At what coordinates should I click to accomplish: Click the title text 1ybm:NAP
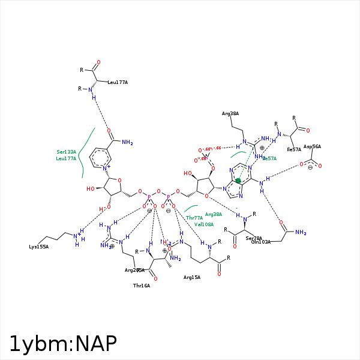(x=62, y=344)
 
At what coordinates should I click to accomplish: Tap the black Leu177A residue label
(x=118, y=82)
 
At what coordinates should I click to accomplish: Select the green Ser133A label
(x=66, y=152)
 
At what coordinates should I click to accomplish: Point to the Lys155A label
(x=38, y=247)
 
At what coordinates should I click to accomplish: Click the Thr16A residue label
(x=142, y=286)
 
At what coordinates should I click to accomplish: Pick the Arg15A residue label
(x=192, y=277)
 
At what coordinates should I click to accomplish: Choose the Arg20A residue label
(x=134, y=270)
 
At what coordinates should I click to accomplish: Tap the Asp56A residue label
(x=312, y=146)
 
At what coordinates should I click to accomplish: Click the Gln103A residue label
(x=260, y=241)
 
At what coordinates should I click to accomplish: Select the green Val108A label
(x=203, y=224)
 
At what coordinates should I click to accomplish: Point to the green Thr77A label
(x=194, y=218)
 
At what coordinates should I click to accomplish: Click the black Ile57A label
(x=294, y=149)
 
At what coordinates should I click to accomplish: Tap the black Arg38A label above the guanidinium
(x=230, y=113)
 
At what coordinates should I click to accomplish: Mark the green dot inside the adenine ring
(x=238, y=180)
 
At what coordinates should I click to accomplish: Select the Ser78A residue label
(x=254, y=238)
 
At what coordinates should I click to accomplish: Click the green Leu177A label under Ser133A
(x=66, y=158)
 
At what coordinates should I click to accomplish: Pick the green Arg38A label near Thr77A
(x=214, y=214)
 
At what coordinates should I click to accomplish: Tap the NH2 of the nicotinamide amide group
(x=127, y=142)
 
